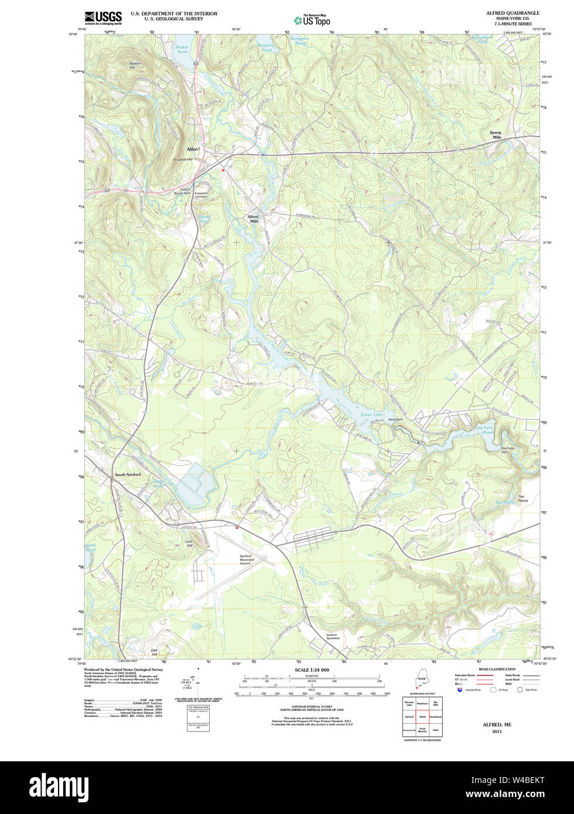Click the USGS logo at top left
coord(103,17)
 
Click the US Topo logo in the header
coord(312,20)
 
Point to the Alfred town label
coord(193,149)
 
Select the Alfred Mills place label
coord(253,218)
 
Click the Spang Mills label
coord(496,135)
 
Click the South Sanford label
coord(128,474)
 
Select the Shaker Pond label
coord(182,50)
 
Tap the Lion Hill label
coord(189,543)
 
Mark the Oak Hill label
coord(155,652)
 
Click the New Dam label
coord(395,419)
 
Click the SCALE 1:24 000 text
coord(312,670)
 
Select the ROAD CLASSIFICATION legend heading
coord(497,669)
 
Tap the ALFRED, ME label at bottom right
coord(497,724)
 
